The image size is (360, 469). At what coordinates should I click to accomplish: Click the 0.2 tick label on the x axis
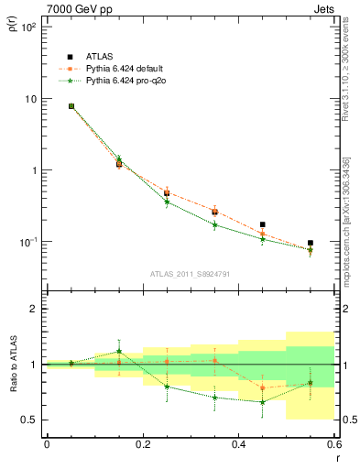pos(142,445)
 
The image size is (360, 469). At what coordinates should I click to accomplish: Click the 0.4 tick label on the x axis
pos(238,445)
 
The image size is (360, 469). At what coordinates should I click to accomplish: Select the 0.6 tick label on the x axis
pos(333,445)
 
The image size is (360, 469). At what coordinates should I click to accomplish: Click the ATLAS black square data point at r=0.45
pos(263,224)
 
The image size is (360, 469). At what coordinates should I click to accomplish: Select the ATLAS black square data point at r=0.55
pos(311,243)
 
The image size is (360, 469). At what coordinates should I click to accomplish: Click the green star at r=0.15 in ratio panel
pos(119,351)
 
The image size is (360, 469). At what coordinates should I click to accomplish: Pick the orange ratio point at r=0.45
pos(263,387)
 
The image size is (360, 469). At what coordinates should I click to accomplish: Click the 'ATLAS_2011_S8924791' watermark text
pos(190,273)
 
